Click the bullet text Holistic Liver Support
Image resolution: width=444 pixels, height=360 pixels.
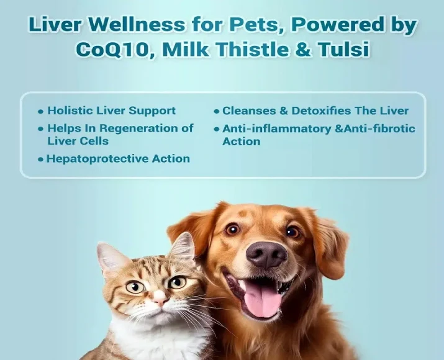(x=111, y=110)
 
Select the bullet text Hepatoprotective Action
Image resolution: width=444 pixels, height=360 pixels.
(x=118, y=159)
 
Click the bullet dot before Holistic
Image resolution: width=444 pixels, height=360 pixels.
(x=41, y=112)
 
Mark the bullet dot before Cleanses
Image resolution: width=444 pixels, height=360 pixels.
(x=217, y=112)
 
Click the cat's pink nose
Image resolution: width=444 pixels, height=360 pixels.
(x=160, y=300)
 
